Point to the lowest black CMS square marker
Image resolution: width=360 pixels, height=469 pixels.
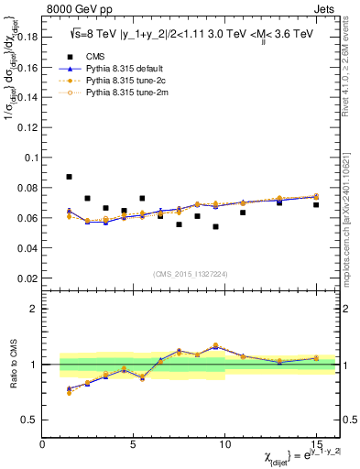215,226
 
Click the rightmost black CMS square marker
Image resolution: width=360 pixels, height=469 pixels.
316,205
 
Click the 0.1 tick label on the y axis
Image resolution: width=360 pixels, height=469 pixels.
29,158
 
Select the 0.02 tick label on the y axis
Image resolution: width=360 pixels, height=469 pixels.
27,278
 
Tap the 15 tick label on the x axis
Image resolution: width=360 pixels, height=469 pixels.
315,443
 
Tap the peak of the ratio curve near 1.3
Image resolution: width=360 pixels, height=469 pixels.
215,345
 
